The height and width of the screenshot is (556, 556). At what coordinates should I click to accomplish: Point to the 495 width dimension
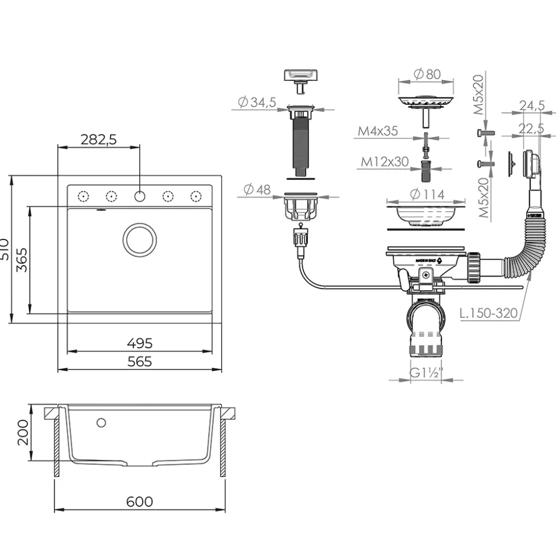(x=139, y=343)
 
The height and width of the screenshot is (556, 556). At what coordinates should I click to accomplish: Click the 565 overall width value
(x=139, y=361)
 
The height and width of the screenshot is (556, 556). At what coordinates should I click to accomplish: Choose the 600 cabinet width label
(x=139, y=502)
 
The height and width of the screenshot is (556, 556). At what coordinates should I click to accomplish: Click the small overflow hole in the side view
(x=101, y=423)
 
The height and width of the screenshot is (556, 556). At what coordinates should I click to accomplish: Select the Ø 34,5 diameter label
(x=257, y=102)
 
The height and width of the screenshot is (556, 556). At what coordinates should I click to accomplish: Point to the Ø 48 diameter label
(x=256, y=190)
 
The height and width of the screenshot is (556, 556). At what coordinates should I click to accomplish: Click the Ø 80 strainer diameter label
(x=426, y=74)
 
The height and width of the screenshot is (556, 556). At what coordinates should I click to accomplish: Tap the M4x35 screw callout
(x=378, y=131)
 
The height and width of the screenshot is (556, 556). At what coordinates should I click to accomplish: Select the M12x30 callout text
(x=385, y=162)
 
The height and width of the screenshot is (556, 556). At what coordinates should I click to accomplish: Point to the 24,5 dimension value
(x=531, y=105)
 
